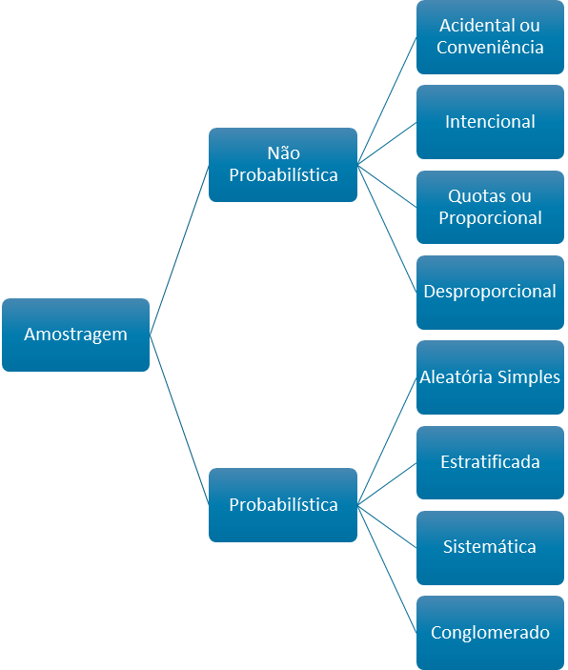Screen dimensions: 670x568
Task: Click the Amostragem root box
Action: coord(75,335)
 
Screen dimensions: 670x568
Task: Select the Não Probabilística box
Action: coord(283,164)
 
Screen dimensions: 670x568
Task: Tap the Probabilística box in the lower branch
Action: coord(283,505)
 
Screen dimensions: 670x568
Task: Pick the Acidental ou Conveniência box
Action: coord(490,36)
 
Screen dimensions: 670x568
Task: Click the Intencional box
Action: coord(490,122)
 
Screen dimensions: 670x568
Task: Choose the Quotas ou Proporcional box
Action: coord(490,207)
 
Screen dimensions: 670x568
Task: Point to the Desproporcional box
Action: coord(490,292)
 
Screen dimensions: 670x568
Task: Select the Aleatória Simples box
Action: coord(490,377)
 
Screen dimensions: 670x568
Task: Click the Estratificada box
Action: coord(490,462)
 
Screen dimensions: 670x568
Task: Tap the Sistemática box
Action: coord(490,547)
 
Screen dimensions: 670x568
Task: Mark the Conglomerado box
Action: coord(490,633)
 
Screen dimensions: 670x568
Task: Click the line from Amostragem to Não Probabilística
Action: coord(179,250)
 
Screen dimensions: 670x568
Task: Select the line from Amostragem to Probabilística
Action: coord(179,420)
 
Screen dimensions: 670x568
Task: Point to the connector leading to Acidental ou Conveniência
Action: coord(387,100)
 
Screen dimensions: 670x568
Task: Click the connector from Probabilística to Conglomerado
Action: coord(387,569)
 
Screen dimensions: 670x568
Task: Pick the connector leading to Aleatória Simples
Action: coord(387,441)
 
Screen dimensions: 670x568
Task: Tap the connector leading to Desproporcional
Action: coord(387,228)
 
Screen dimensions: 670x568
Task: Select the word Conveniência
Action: coord(490,47)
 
